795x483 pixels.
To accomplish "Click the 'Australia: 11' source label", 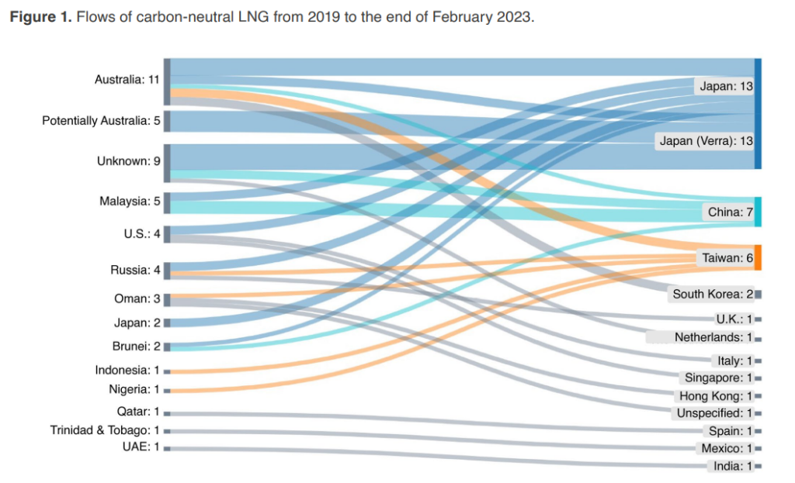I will [127, 80].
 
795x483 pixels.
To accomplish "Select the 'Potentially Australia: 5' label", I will [100, 121].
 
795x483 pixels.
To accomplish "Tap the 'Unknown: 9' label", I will [128, 161].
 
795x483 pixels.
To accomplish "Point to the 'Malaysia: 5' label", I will [130, 202].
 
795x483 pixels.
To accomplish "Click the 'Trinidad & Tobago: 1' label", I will [105, 430].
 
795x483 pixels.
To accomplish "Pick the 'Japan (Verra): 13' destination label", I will [706, 141].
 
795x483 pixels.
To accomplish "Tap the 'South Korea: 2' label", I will [713, 294].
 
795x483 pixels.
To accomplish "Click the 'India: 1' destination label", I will [733, 466].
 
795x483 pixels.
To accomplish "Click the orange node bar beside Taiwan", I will [758, 257].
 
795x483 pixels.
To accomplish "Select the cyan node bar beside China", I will [758, 212].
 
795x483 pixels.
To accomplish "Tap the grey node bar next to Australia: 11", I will [167, 81].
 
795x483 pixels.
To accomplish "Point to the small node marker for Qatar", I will [167, 413].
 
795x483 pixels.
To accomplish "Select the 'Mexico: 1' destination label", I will [726, 448].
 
